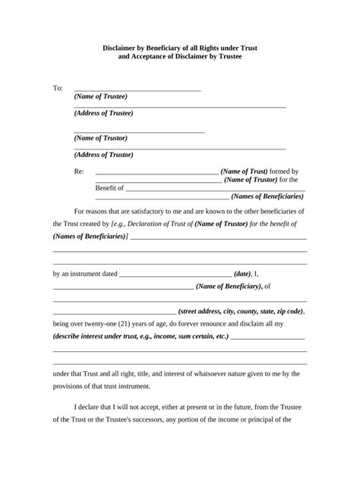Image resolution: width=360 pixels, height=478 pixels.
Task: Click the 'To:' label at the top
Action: click(58, 89)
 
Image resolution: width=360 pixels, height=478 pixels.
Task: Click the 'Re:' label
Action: click(79, 172)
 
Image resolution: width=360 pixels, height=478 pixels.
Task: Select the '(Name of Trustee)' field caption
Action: click(101, 97)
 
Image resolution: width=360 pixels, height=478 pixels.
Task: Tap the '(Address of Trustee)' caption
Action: click(104, 113)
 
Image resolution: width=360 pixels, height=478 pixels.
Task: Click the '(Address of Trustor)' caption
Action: click(104, 155)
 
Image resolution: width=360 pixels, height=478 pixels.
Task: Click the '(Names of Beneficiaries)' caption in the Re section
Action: click(267, 197)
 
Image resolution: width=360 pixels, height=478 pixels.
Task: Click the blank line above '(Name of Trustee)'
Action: click(137, 90)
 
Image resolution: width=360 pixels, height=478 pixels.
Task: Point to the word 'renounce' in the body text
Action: click(233, 323)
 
